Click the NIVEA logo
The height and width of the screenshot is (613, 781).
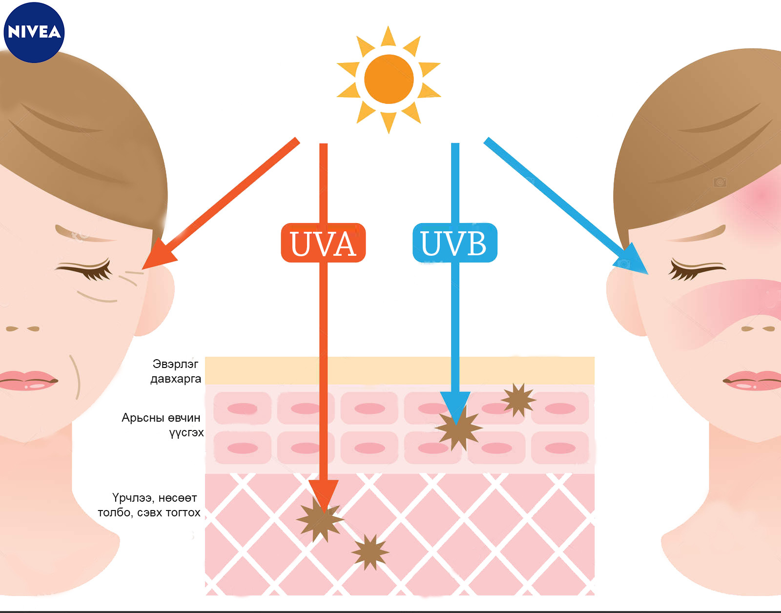[x=34, y=32]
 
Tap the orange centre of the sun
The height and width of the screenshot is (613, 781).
[x=389, y=79]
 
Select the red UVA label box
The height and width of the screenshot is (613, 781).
[x=323, y=243]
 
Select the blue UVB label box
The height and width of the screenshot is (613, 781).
[x=454, y=243]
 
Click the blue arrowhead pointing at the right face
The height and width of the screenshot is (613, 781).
[x=633, y=259]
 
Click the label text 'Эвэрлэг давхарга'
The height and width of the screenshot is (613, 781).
[x=176, y=371]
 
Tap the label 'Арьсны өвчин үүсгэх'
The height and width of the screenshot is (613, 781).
[x=163, y=425]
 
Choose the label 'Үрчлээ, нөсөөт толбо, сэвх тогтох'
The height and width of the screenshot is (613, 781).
[x=149, y=505]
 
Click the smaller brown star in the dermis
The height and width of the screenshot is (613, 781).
[x=370, y=552]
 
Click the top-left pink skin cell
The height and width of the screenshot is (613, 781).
[x=242, y=408]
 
